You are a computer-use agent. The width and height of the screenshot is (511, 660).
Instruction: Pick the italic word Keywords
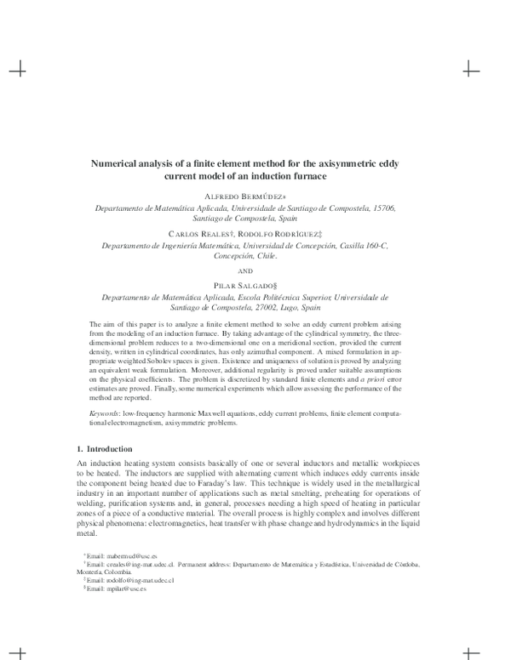pos(106,412)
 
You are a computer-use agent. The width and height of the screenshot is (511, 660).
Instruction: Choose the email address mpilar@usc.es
pos(106,589)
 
